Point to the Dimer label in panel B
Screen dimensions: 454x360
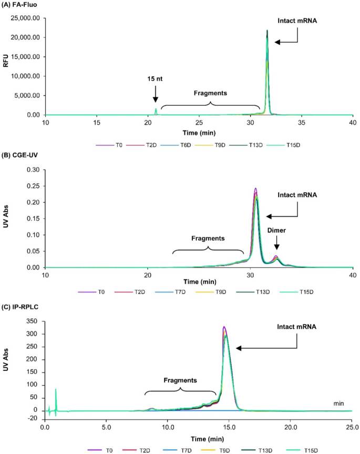[276, 229]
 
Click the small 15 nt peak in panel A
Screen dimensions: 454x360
[156, 110]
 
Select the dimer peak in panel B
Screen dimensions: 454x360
[276, 258]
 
